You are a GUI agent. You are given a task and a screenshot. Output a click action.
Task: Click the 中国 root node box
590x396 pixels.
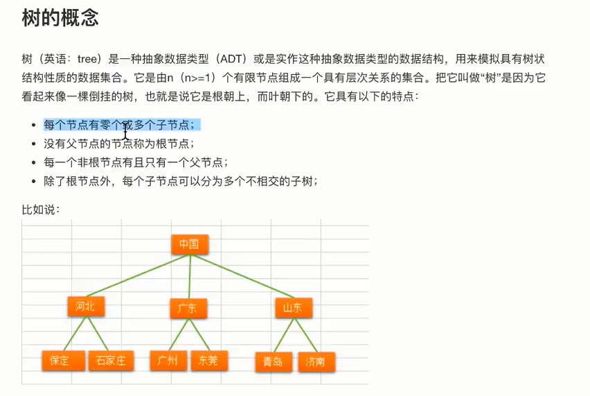pyautogui.click(x=189, y=244)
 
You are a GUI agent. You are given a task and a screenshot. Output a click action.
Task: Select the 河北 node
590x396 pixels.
pyautogui.click(x=86, y=307)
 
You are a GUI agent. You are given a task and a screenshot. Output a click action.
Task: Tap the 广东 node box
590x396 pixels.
pyautogui.click(x=188, y=309)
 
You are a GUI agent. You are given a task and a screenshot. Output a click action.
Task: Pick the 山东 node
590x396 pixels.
pyautogui.click(x=292, y=308)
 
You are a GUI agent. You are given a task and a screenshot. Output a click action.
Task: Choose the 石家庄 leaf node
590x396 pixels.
pyautogui.click(x=111, y=360)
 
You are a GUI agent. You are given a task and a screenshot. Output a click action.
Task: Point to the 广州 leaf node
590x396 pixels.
pyautogui.click(x=168, y=360)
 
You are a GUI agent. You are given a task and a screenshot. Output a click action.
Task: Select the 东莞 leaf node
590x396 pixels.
pyautogui.click(x=208, y=360)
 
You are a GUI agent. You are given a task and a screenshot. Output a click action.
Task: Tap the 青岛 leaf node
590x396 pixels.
pyautogui.click(x=273, y=361)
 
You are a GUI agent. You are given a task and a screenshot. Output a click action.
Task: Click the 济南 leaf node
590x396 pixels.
pyautogui.click(x=316, y=361)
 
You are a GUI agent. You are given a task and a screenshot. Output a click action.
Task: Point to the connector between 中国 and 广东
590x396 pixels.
pyautogui.click(x=188, y=277)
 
